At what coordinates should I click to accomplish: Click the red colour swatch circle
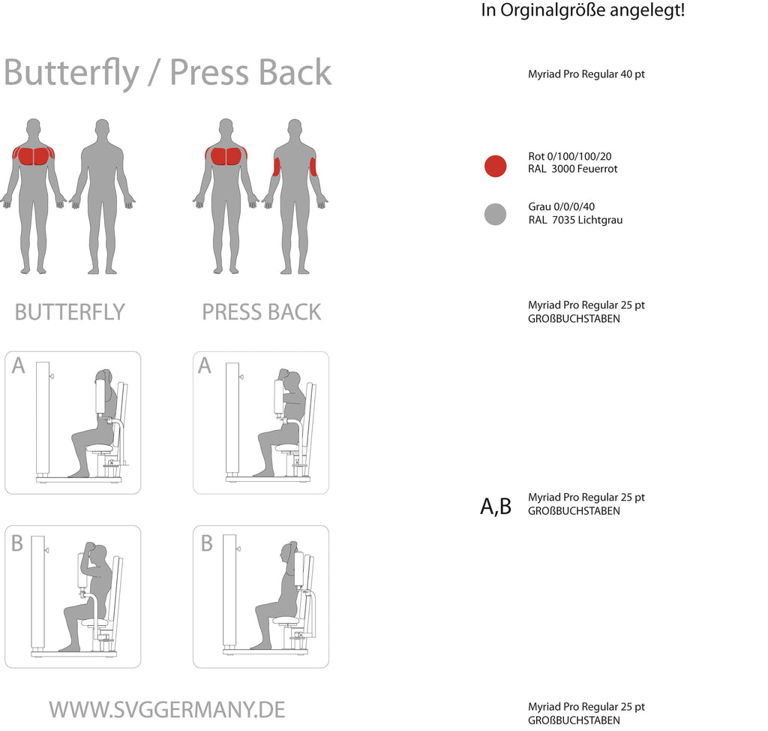495,166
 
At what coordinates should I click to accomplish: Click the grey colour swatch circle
495,214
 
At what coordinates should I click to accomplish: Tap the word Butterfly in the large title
71,73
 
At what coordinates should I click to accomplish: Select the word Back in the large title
295,72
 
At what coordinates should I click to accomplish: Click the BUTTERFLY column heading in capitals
70,312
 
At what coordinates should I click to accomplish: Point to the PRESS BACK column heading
262,312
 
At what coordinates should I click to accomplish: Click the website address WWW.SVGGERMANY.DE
167,710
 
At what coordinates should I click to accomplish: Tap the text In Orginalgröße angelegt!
583,10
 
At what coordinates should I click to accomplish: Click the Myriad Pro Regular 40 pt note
586,74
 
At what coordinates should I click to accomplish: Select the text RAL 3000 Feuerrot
572,169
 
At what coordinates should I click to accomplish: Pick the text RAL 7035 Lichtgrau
575,220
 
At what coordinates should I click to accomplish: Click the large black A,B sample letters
496,506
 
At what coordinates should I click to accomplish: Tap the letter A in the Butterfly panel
19,365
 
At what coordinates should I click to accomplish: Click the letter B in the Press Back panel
207,543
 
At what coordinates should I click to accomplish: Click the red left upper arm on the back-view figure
276,167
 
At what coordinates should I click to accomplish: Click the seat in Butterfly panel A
100,448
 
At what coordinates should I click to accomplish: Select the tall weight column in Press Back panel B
229,591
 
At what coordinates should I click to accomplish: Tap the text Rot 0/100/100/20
570,156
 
